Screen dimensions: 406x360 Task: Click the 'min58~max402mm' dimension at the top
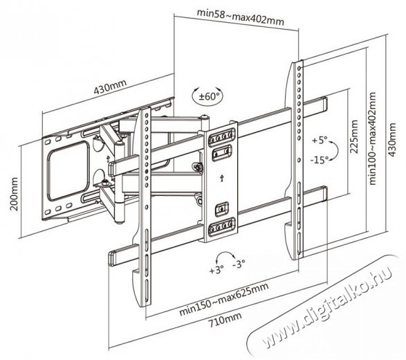click(240, 17)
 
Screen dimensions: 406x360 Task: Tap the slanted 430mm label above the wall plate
click(110, 87)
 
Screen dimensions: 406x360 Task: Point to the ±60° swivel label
click(209, 97)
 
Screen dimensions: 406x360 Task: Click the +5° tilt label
click(320, 141)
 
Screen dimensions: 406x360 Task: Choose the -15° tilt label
click(320, 160)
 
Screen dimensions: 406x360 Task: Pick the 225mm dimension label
click(353, 136)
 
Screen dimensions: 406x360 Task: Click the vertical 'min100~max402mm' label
click(373, 138)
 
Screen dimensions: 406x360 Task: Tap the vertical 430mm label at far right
click(392, 140)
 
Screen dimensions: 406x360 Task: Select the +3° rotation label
click(216, 270)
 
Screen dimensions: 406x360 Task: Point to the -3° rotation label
click(239, 264)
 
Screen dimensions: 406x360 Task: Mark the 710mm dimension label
click(225, 321)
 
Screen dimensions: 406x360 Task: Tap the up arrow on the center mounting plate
click(221, 178)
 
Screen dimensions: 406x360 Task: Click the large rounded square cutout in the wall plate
click(68, 170)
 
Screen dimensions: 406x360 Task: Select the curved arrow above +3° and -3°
click(225, 255)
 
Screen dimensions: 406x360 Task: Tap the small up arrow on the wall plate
click(108, 159)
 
